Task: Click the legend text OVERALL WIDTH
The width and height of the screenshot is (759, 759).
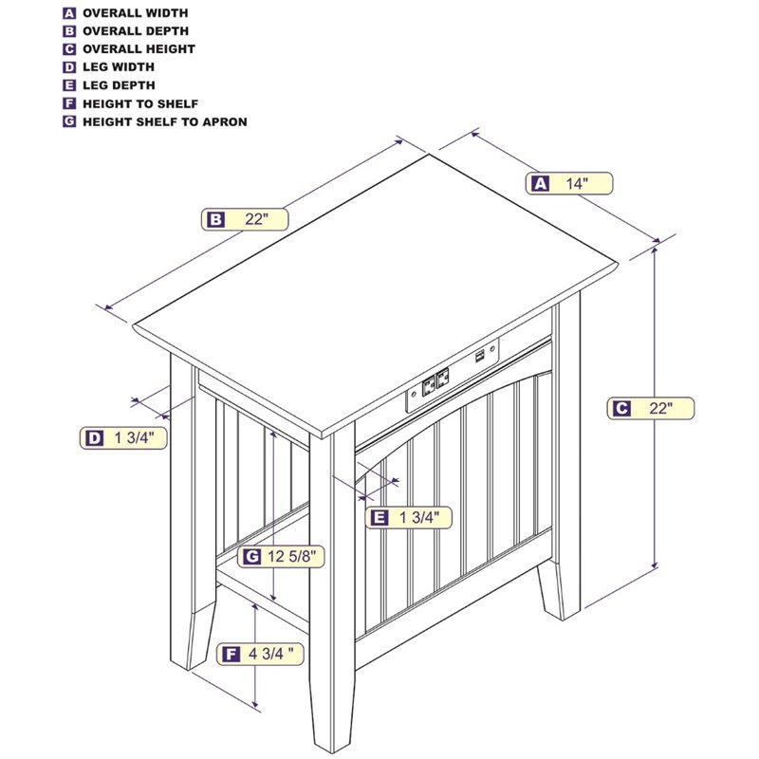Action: pos(135,13)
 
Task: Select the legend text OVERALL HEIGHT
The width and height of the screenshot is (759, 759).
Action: pos(139,49)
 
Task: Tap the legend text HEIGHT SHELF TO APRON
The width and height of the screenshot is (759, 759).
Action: pos(164,121)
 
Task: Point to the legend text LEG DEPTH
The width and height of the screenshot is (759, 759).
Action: pos(119,85)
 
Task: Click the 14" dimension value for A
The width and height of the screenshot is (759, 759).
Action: pos(577,183)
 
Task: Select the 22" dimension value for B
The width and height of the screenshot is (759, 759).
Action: pos(256,219)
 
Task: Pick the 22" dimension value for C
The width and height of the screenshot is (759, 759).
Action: pos(660,408)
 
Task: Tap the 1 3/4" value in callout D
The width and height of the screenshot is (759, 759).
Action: pos(134,438)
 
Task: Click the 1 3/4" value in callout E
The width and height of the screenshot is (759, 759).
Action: pos(419,517)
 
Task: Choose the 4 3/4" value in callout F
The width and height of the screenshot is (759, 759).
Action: pos(271,654)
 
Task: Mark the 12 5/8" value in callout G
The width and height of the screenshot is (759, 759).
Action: pos(295,557)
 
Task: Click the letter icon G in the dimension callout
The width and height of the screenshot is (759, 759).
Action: pos(251,557)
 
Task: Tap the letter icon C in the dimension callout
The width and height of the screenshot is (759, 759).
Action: pos(621,409)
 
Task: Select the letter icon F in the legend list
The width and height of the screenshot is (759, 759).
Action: pos(69,103)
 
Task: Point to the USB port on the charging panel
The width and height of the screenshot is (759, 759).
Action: pos(480,357)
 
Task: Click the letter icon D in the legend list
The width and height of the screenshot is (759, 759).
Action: pos(69,67)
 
